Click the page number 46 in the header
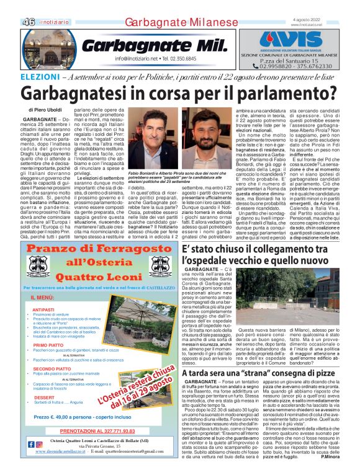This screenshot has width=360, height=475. pos(29,22)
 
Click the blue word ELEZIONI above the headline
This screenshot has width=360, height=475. pos(39,77)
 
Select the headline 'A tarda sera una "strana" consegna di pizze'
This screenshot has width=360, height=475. pos(259,357)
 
